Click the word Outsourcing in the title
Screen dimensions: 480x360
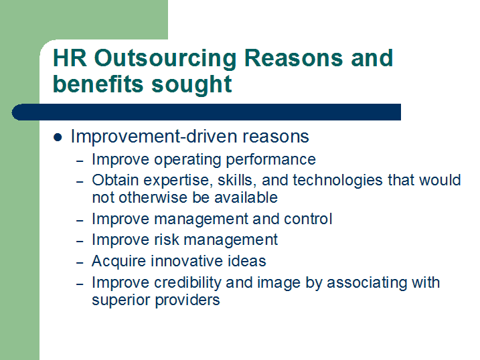(165, 58)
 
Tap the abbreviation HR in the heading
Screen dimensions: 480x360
(70, 58)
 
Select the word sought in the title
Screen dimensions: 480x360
(191, 85)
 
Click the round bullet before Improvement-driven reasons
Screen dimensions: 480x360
(58, 137)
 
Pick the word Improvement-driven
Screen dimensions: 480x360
(154, 137)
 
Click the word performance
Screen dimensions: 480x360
(270, 160)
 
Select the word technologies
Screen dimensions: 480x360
(337, 181)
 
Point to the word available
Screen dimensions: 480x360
(246, 197)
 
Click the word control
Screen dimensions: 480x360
(308, 219)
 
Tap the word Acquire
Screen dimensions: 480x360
(118, 262)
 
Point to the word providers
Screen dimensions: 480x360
(187, 300)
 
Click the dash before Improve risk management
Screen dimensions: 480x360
(80, 242)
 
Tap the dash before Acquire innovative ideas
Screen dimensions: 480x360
(80, 263)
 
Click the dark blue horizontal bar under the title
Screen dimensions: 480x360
(206, 112)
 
